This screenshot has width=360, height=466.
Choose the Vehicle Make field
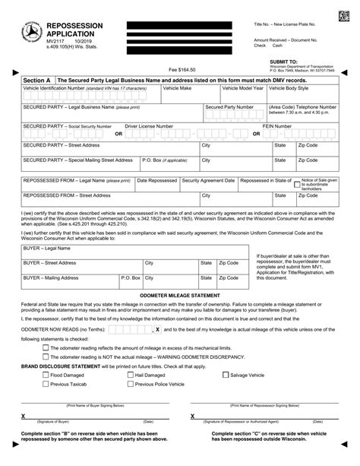click(x=191, y=98)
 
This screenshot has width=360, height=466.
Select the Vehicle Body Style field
click(x=302, y=98)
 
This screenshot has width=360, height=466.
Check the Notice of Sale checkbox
click(x=296, y=181)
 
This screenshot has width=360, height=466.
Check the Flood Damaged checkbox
click(x=46, y=375)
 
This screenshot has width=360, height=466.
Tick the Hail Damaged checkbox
click(x=131, y=375)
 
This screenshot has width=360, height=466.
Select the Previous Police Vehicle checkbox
click(x=131, y=385)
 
